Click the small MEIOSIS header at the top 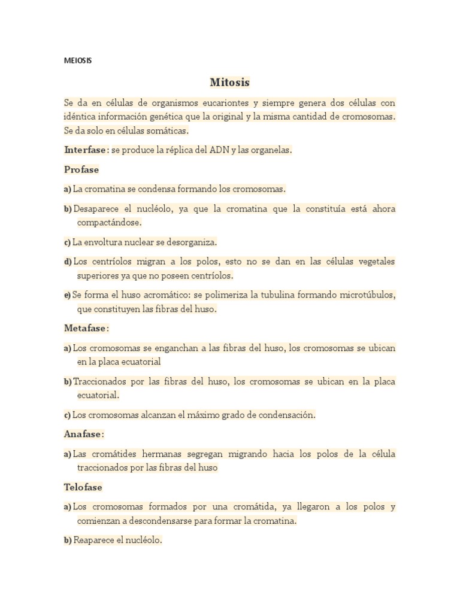tap(78, 60)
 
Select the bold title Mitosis tap(229, 83)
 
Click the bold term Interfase tap(86, 150)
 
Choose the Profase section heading tap(81, 169)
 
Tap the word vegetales tap(374, 262)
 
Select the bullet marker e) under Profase tap(67, 296)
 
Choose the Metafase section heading tap(86, 328)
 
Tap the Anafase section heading tap(83, 433)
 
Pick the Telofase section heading tap(83, 487)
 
